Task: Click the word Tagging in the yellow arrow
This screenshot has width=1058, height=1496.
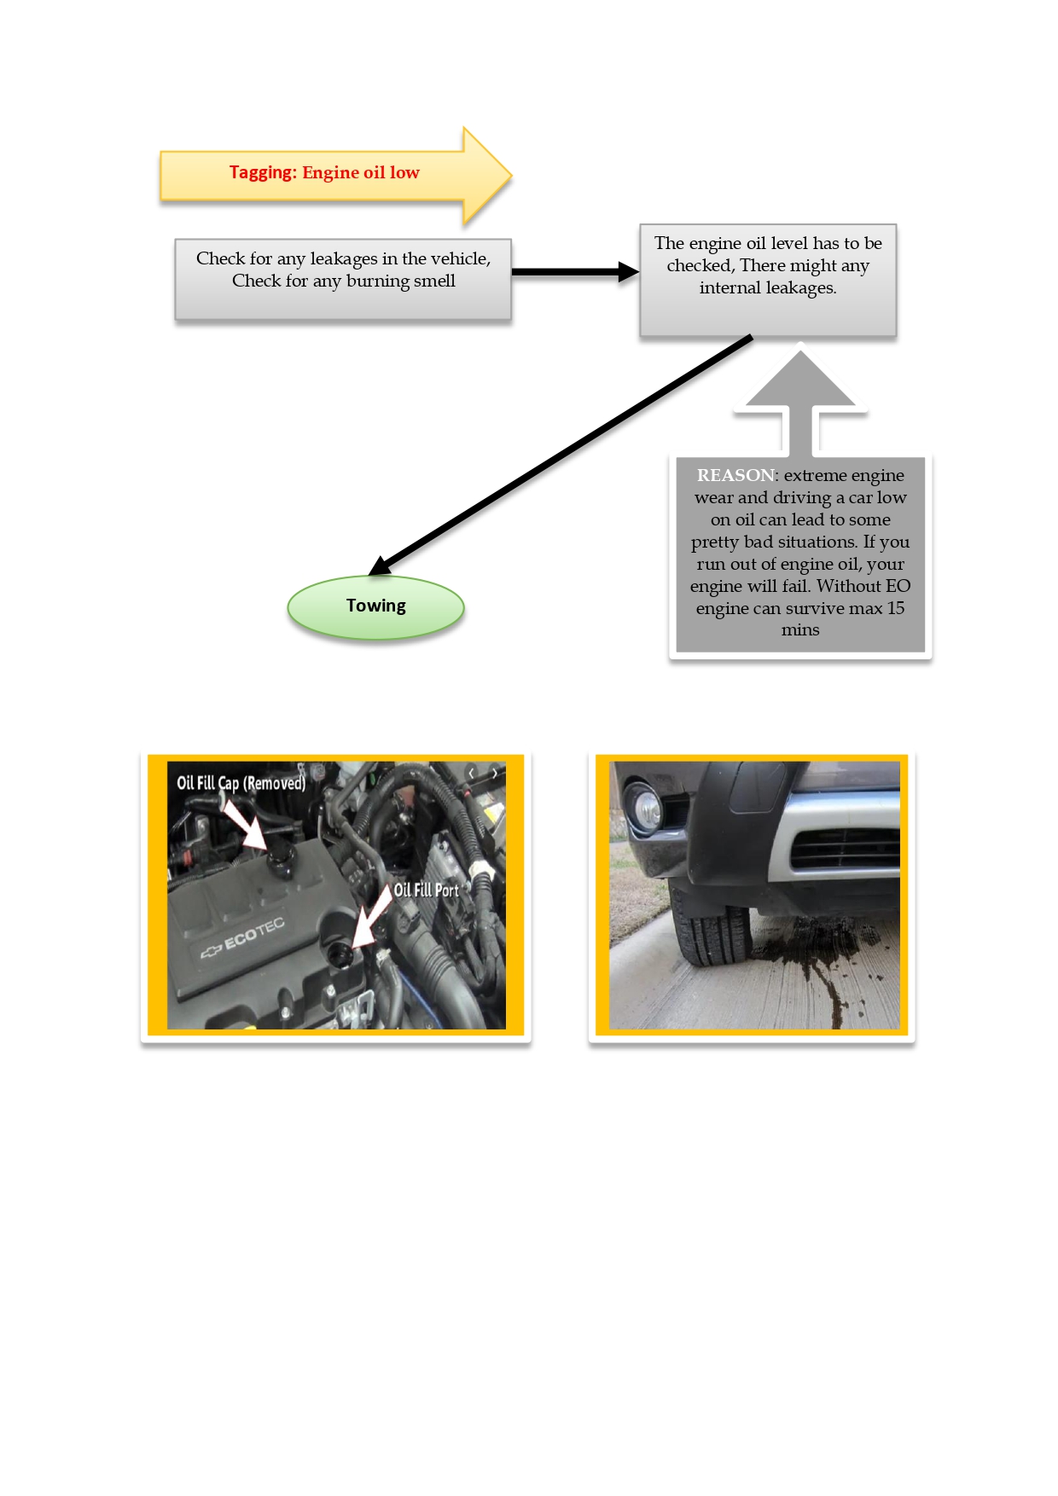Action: pyautogui.click(x=263, y=173)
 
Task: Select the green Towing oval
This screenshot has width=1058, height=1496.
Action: pyautogui.click(x=375, y=607)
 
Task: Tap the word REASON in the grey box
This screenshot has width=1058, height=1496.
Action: pyautogui.click(x=735, y=475)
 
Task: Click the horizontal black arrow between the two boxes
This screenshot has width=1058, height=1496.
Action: pyautogui.click(x=575, y=272)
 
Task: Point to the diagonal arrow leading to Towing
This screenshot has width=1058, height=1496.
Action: pyautogui.click(x=561, y=455)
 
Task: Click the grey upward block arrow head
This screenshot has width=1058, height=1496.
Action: pyautogui.click(x=799, y=380)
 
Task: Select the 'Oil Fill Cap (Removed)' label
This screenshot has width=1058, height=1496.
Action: pyautogui.click(x=241, y=783)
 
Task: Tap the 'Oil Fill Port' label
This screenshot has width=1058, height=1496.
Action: pyautogui.click(x=426, y=890)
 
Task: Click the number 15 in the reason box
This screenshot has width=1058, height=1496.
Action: pyautogui.click(x=895, y=608)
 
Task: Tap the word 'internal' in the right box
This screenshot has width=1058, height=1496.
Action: pyautogui.click(x=729, y=287)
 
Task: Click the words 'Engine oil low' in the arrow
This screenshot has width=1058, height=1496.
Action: pyautogui.click(x=361, y=173)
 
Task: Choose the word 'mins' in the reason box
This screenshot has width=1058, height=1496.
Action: pyautogui.click(x=800, y=630)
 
